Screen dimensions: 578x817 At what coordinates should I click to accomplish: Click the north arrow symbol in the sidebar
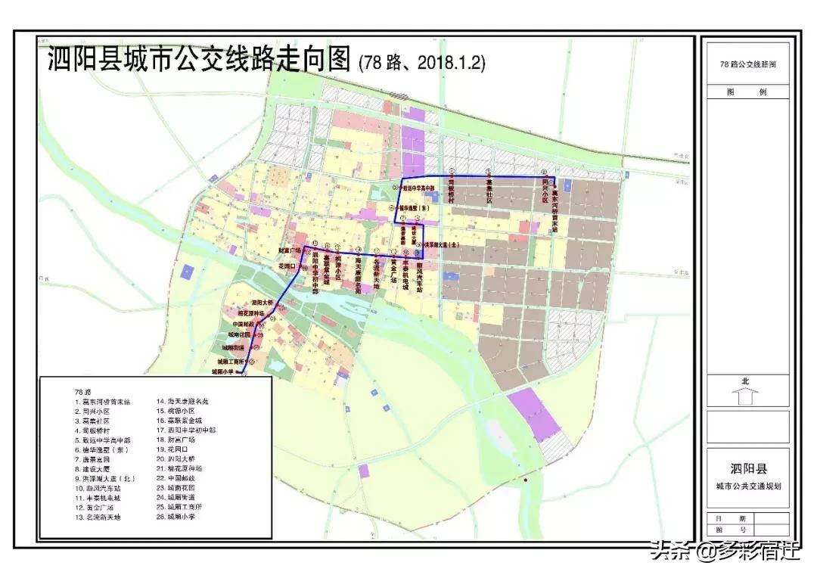click(745, 396)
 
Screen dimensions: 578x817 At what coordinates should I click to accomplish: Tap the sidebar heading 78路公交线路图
click(747, 64)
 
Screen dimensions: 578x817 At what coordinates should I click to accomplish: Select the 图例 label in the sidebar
click(747, 92)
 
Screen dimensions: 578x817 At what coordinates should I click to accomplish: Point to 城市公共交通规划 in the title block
click(747, 486)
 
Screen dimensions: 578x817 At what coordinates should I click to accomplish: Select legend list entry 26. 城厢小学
click(179, 517)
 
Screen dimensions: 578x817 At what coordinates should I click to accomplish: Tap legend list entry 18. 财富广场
click(179, 440)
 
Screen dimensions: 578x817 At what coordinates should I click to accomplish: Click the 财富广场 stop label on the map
click(290, 249)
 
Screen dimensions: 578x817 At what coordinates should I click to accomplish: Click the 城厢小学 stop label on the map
click(223, 372)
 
